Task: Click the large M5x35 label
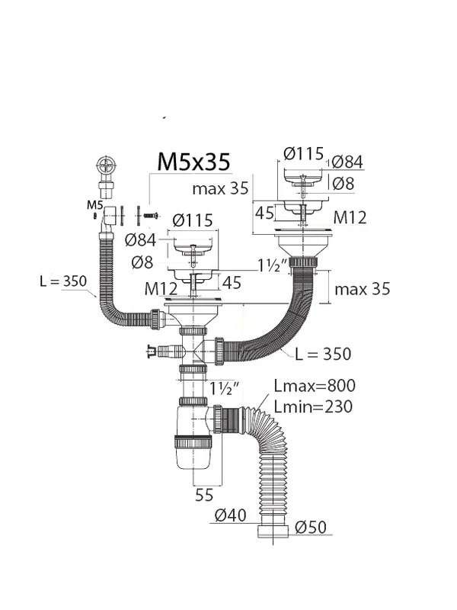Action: coord(193,162)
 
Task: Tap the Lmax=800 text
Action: coord(315,386)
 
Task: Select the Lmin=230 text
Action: coord(313,406)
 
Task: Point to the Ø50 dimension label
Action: coord(311,527)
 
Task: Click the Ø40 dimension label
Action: coord(231,515)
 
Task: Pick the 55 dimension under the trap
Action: coord(204,495)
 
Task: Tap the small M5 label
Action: coord(94,204)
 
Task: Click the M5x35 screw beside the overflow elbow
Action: coord(151,215)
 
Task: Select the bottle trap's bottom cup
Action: coord(193,453)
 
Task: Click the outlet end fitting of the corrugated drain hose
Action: coord(273,531)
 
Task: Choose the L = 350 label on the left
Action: coord(63,281)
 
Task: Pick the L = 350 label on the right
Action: coord(323,354)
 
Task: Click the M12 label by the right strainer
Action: coord(350,217)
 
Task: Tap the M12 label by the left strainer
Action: coord(161,289)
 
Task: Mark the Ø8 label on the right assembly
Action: coord(344,183)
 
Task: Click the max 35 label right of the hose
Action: coord(363,289)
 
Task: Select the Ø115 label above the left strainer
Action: coord(193,220)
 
